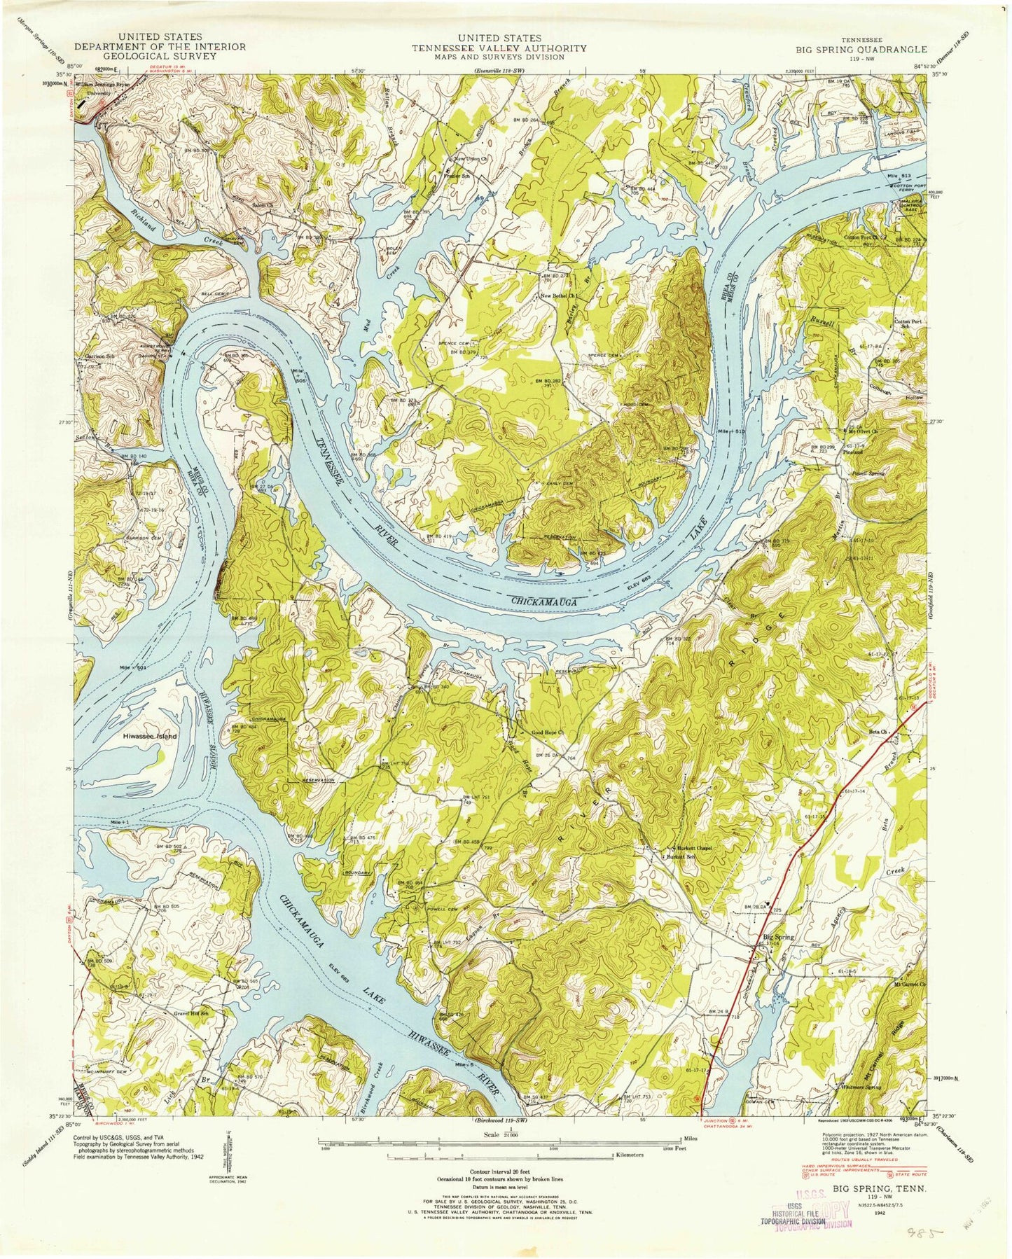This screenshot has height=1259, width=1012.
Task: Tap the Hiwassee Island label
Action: click(150, 737)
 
